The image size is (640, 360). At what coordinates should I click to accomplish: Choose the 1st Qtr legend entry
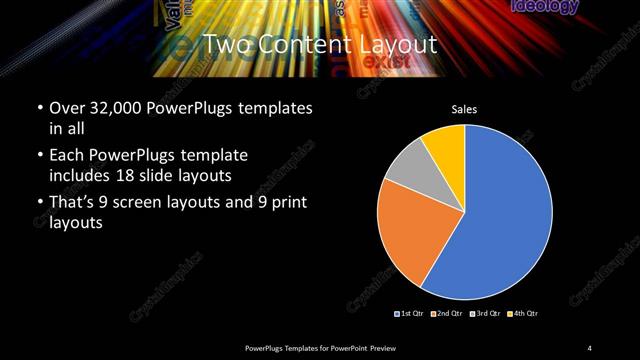point(411,314)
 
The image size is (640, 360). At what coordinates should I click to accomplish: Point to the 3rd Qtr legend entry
point(487,314)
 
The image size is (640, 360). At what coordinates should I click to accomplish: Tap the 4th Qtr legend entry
point(523,314)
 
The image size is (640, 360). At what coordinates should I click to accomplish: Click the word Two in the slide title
point(227,45)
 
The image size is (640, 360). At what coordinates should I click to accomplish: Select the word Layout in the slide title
point(399,45)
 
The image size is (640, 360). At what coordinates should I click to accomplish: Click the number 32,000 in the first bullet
point(117,107)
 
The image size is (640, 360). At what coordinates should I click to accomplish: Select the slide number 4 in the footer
point(589,347)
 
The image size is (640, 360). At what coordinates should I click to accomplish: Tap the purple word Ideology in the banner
point(544,7)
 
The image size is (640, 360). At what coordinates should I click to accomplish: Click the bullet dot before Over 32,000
point(38,107)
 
